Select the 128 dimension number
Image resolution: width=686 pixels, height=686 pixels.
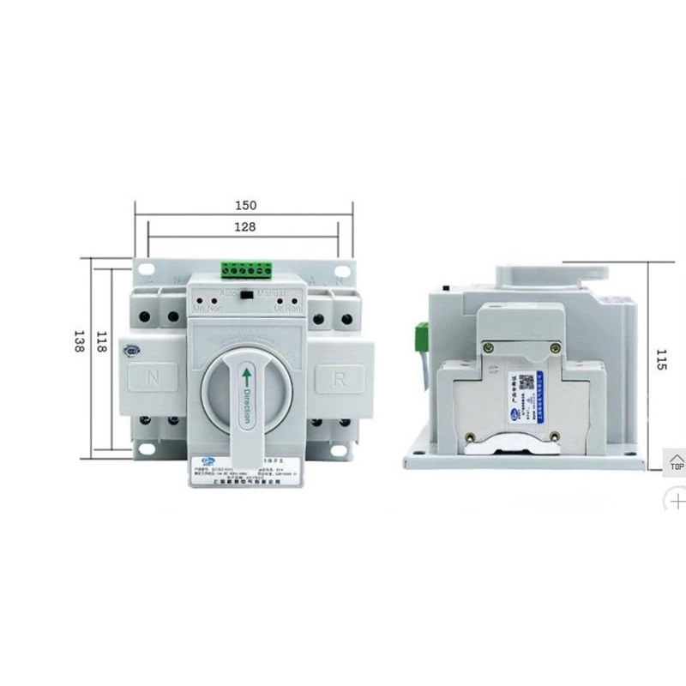(x=246, y=227)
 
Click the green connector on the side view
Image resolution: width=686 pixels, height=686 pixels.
(x=422, y=335)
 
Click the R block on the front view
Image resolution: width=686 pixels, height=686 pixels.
(x=340, y=376)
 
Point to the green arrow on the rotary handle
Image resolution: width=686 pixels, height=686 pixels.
(x=246, y=377)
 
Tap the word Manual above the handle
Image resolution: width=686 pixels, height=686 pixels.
(x=270, y=293)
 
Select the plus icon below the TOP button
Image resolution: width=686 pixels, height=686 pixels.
(x=677, y=499)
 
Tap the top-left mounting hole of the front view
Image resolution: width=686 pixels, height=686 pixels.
(x=147, y=270)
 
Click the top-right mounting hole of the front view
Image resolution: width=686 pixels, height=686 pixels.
(x=341, y=270)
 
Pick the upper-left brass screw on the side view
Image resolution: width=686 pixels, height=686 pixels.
(x=489, y=347)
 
